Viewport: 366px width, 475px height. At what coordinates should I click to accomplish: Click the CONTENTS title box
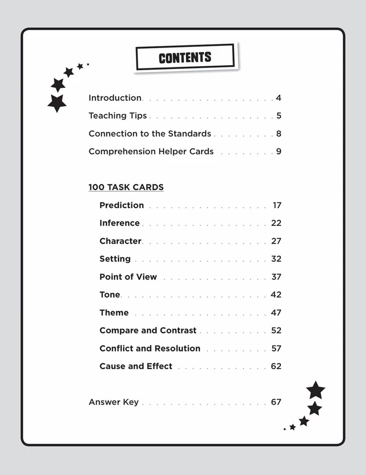[x=185, y=57]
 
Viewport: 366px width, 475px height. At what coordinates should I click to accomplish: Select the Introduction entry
[x=115, y=98]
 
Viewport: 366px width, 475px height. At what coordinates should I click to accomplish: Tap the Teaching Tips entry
[x=117, y=115]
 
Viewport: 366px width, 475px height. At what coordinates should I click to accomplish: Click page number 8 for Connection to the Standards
[x=279, y=134]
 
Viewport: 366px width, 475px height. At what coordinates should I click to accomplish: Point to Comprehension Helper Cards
[x=151, y=151]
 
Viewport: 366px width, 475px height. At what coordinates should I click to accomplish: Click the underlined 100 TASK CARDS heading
[x=126, y=187]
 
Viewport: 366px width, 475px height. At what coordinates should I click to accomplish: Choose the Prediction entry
[x=122, y=205]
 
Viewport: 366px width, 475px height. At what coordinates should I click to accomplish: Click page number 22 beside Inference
[x=276, y=223]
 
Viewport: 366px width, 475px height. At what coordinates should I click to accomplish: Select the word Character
[x=120, y=241]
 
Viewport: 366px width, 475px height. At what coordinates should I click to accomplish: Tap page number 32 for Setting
[x=276, y=259]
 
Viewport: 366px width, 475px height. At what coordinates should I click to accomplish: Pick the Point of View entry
[x=128, y=277]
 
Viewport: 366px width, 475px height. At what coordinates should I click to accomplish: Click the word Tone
[x=110, y=294]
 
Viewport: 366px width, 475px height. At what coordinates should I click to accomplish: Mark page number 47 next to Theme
[x=276, y=313]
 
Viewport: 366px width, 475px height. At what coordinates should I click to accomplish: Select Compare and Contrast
[x=148, y=330]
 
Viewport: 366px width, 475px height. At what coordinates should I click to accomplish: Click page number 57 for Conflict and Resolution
[x=276, y=348]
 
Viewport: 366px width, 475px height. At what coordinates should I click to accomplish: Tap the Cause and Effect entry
[x=136, y=366]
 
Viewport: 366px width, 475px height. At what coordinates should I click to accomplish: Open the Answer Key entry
[x=113, y=402]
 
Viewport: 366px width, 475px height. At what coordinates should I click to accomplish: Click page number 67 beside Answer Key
[x=276, y=402]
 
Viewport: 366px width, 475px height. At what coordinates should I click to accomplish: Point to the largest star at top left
[x=57, y=103]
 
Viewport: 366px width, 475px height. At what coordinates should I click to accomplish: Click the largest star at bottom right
[x=316, y=390]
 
